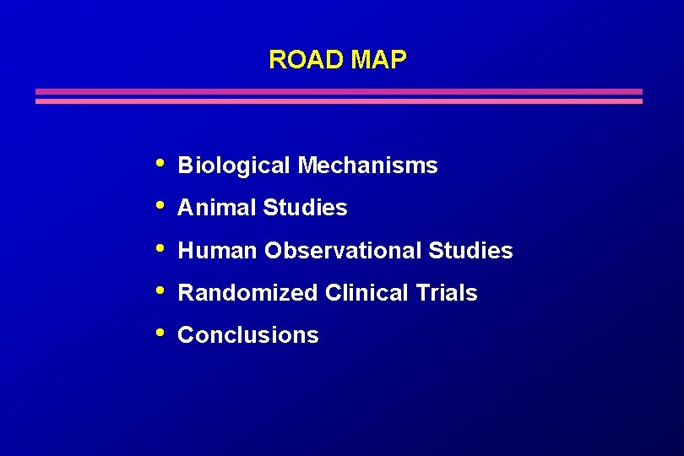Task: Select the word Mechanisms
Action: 367,166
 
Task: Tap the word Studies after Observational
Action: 470,251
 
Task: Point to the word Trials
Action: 447,293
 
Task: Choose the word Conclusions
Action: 248,335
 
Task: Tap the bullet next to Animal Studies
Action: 161,204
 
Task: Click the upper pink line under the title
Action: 338,91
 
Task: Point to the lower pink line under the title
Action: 338,101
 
